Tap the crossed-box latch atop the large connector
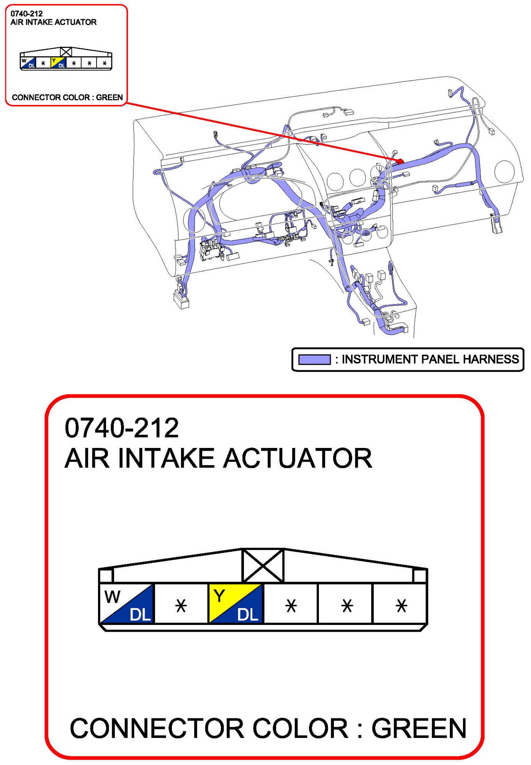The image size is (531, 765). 263,566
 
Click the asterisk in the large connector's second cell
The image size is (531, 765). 181,605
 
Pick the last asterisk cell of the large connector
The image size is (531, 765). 401,605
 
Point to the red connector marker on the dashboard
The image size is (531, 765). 400,161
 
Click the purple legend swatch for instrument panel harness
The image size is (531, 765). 314,359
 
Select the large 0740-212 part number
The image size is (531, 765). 122,428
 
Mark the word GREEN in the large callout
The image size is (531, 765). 419,728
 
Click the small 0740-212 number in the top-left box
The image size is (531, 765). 26,14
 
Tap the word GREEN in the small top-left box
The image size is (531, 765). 109,97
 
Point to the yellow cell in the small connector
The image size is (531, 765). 58,62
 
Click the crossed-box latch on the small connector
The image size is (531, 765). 66,52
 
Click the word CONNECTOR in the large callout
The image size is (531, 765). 157,728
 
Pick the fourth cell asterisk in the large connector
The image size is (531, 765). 291,605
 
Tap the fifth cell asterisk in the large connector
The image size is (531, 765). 347,605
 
